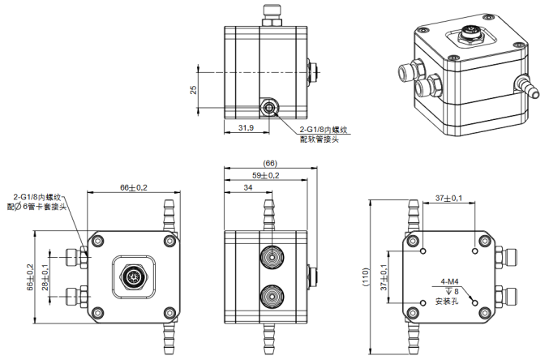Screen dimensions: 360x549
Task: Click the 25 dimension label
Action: pyautogui.click(x=193, y=90)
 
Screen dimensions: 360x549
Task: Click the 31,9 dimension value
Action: pyautogui.click(x=247, y=127)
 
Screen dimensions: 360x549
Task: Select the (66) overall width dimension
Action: pyautogui.click(x=270, y=163)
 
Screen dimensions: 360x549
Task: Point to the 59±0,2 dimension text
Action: pyautogui.click(x=265, y=175)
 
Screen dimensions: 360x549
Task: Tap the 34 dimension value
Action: pyautogui.click(x=247, y=187)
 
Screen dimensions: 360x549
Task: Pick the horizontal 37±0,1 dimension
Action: pyautogui.click(x=449, y=198)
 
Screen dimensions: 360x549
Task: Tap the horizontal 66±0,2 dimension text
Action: pyautogui.click(x=134, y=187)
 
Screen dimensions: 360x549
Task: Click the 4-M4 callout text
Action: pyautogui.click(x=449, y=281)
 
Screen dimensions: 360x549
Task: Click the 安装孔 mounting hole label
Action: pyautogui.click(x=448, y=301)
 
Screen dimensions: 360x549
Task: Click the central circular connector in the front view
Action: pyautogui.click(x=132, y=276)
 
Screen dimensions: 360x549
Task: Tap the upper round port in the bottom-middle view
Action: pyautogui.click(x=270, y=259)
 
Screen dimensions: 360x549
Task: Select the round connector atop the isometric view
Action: pyautogui.click(x=469, y=35)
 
